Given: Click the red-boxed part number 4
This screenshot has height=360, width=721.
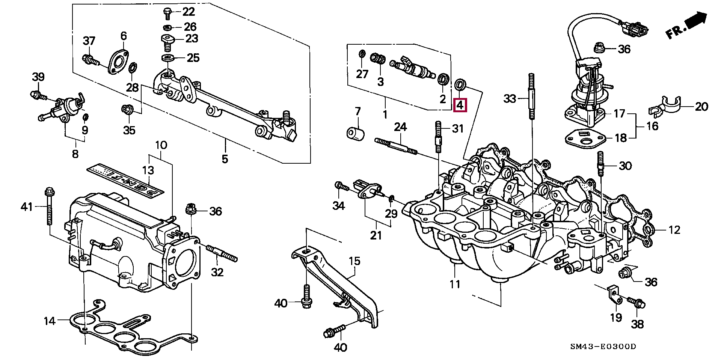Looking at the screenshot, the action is pyautogui.click(x=460, y=105).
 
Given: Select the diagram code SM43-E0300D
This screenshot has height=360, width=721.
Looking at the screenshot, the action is pyautogui.click(x=603, y=346).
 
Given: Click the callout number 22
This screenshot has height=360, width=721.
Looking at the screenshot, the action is pyautogui.click(x=189, y=12).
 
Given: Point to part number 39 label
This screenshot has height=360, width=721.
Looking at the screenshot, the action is pyautogui.click(x=38, y=77).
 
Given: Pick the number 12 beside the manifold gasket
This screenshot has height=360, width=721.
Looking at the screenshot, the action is pyautogui.click(x=674, y=230).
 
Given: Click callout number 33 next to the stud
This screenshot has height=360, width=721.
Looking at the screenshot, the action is pyautogui.click(x=510, y=99).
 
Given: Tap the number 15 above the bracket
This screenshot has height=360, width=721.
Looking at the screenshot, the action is pyautogui.click(x=354, y=261).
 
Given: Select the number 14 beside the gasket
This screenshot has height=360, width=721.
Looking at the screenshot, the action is pyautogui.click(x=50, y=321).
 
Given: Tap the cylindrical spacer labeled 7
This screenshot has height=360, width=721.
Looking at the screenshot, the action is pyautogui.click(x=355, y=134).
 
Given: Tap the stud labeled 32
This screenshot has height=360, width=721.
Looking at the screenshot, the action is pyautogui.click(x=222, y=254).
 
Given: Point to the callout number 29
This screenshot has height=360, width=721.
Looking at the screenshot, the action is pyautogui.click(x=391, y=214).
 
